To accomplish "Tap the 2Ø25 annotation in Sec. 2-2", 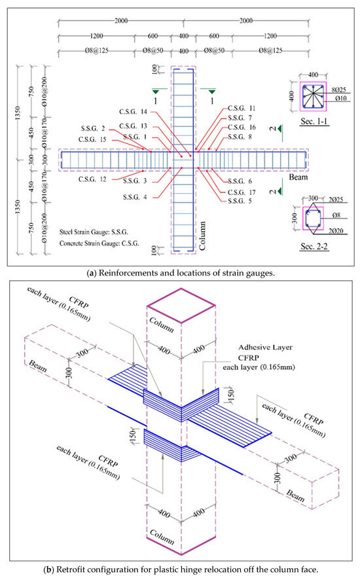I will click(x=333, y=196).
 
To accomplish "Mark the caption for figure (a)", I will click(x=180, y=272).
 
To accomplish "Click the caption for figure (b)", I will click(x=180, y=567).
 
